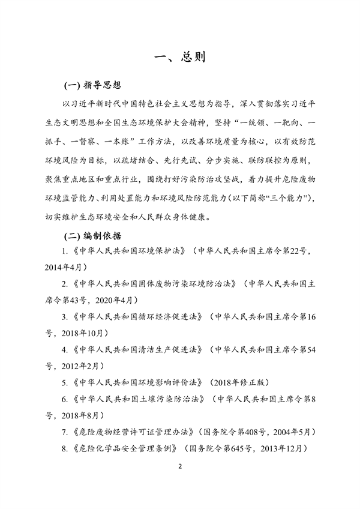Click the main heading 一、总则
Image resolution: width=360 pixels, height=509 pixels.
pos(179,58)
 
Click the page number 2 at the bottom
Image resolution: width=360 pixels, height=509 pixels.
pos(179,467)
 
